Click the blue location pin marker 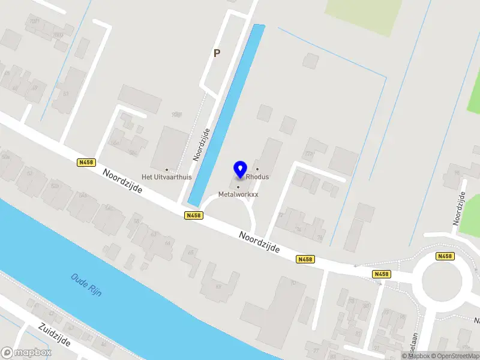[240, 169]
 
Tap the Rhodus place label [257, 177]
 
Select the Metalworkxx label [238, 194]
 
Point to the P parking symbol [217, 53]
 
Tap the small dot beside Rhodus [258, 169]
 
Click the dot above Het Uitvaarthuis [167, 169]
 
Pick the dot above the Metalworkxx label [238, 187]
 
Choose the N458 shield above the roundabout [445, 256]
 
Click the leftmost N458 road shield [86, 162]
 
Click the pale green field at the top [363, 15]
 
